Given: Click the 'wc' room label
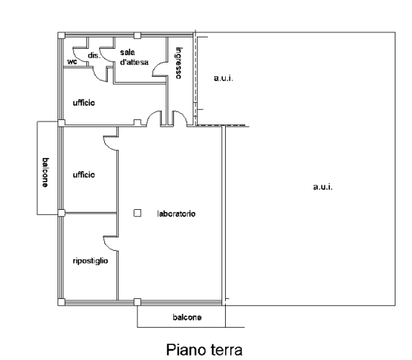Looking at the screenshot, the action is point(72,62).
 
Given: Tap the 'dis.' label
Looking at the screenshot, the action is point(94,55).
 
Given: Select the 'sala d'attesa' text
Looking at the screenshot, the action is point(134,57).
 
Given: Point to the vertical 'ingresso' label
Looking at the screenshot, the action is point(178,63).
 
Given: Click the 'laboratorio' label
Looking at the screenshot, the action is point(176,213).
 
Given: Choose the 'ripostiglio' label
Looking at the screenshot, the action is point(90,261).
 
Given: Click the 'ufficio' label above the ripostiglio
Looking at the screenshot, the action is point(84,175).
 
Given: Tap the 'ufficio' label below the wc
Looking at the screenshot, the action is point(84,103).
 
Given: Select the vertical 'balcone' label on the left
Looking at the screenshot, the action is point(45,172).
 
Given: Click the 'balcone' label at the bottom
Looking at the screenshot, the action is point(188,317).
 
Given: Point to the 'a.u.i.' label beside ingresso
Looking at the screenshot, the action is point(224,78).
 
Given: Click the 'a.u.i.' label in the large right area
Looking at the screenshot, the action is point(323,187).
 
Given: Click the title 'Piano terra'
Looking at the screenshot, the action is point(204,350).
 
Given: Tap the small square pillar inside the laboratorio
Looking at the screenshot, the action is point(137,213).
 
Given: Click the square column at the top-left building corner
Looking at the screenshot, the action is point(61,35).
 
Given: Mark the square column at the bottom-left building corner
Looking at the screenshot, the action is point(61,303).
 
